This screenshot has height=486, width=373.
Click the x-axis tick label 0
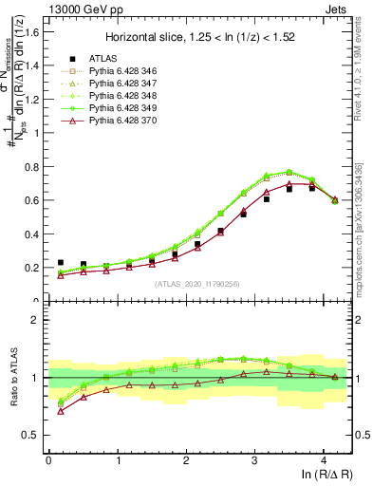coord(48,460)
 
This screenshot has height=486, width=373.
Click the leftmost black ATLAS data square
coord(61,262)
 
